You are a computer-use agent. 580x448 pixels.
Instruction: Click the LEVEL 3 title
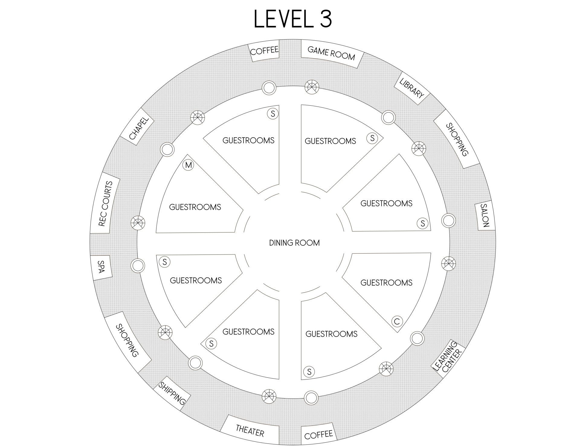(293, 19)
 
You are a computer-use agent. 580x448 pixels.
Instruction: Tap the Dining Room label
(294, 243)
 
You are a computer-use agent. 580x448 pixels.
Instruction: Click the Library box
(412, 88)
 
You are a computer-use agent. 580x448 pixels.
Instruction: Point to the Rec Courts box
(105, 203)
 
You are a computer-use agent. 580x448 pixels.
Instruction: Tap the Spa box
(101, 267)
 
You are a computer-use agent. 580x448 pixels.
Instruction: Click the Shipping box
(172, 394)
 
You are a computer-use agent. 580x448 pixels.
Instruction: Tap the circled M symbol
(188, 165)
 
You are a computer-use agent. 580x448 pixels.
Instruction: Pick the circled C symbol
(397, 321)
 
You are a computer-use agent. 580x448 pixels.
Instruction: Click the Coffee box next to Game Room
(265, 51)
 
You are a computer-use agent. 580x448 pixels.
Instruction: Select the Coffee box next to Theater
(318, 435)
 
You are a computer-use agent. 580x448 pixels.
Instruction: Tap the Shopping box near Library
(457, 139)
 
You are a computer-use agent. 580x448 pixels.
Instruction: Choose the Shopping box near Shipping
(127, 340)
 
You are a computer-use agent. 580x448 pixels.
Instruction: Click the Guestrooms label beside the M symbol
(195, 207)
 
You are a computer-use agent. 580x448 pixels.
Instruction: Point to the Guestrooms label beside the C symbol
(386, 283)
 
